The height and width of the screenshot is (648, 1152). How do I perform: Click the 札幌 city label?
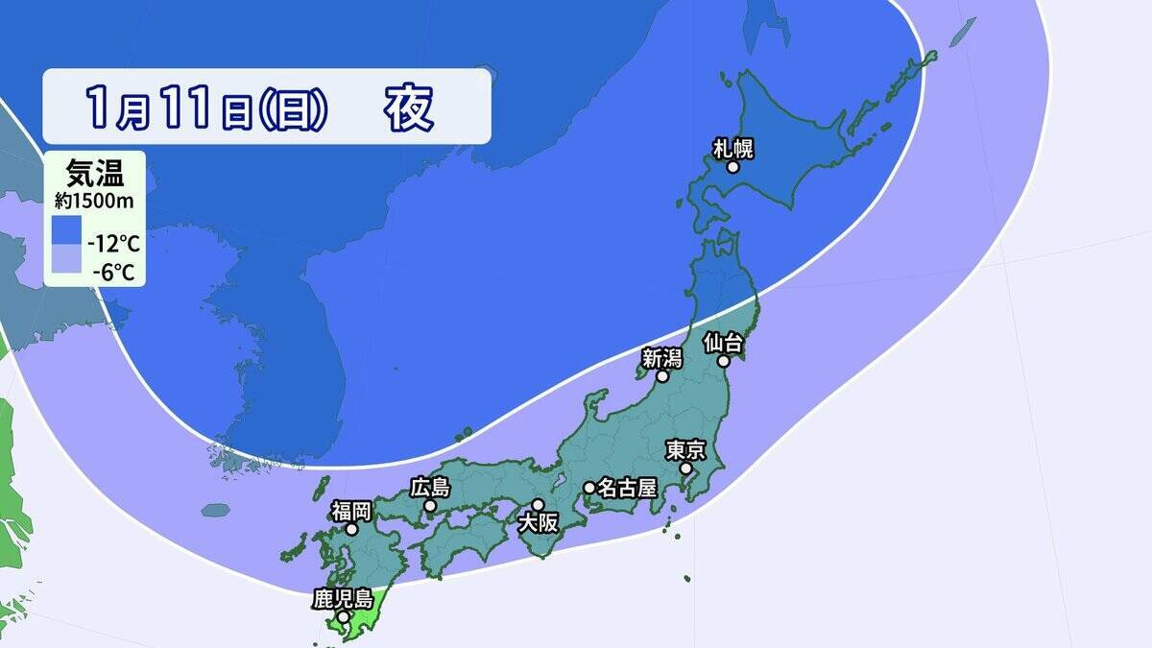coord(732,148)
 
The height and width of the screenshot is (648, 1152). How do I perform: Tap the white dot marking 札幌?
coord(733,167)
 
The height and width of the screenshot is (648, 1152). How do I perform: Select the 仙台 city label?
coord(722,342)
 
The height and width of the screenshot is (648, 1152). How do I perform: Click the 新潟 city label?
coord(662,358)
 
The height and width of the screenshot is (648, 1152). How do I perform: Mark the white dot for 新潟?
coord(662,377)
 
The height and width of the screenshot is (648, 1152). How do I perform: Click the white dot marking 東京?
coord(687,468)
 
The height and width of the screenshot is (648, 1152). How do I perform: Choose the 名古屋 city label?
coord(626,488)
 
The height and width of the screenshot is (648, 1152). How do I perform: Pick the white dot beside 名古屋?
coord(589,488)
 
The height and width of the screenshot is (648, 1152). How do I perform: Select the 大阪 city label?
coord(537,523)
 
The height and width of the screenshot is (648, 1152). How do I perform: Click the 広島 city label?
coord(429,487)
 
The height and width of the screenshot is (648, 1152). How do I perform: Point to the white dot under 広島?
coord(430,506)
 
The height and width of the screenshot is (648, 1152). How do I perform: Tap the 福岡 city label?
coord(352,510)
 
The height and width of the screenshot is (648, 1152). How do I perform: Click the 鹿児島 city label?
coord(343,599)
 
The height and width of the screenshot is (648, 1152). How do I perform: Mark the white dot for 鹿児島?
coord(344,617)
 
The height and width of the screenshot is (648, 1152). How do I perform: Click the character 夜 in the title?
coord(409,108)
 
